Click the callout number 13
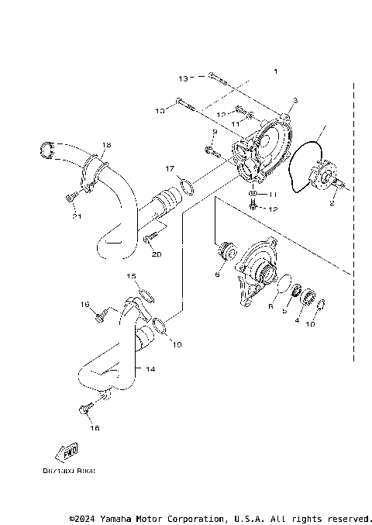pyautogui.click(x=183, y=78)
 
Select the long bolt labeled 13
pyautogui.click(x=215, y=79)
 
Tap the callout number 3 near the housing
pyautogui.click(x=294, y=102)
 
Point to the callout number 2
pyautogui.click(x=332, y=203)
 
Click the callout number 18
pyautogui.click(x=106, y=145)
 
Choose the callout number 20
pyautogui.click(x=156, y=254)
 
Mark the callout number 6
pyautogui.click(x=218, y=274)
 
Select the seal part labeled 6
pyautogui.click(x=228, y=251)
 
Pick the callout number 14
pyautogui.click(x=150, y=370)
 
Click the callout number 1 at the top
pyautogui.click(x=274, y=71)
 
